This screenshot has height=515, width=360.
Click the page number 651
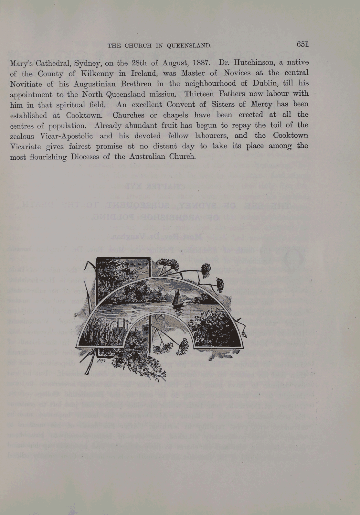tap(302, 44)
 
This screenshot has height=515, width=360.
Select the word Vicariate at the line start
tap(26, 146)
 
